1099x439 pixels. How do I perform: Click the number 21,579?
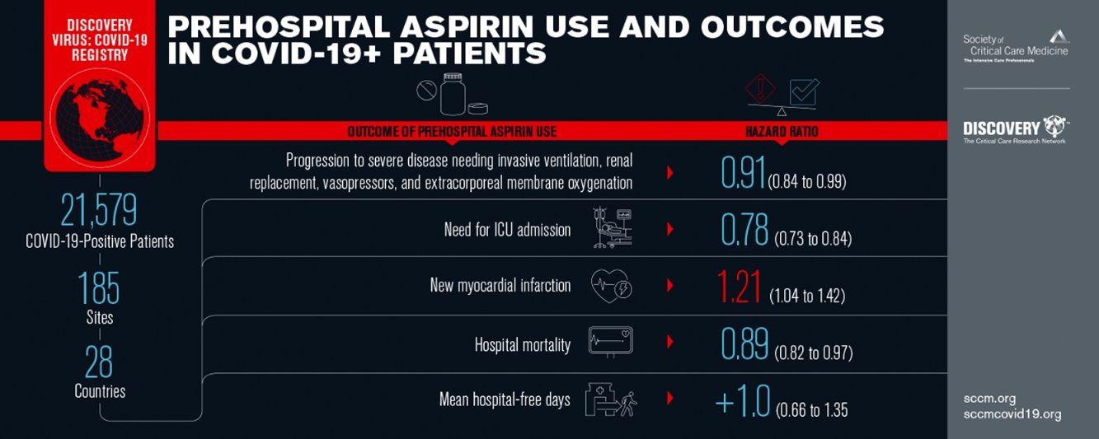pos(99,210)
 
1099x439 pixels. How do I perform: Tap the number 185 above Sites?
pos(99,287)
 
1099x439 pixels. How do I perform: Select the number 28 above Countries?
pos(99,362)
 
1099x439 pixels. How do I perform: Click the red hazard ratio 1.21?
pos(740,287)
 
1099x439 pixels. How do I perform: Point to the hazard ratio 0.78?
pos(744,230)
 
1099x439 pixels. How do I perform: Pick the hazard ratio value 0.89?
pos(744,344)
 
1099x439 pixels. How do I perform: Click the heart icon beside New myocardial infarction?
pos(611,287)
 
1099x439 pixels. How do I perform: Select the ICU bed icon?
pos(613,229)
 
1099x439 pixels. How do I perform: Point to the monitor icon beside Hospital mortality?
pos(610,342)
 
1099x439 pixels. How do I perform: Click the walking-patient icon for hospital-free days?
pos(610,400)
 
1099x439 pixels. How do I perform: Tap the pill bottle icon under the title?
pos(452,94)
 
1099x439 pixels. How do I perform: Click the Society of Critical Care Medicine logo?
pos(1016,46)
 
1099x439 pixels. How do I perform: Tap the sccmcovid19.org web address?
pos(1010,413)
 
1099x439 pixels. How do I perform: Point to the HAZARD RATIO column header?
pos(781,132)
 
